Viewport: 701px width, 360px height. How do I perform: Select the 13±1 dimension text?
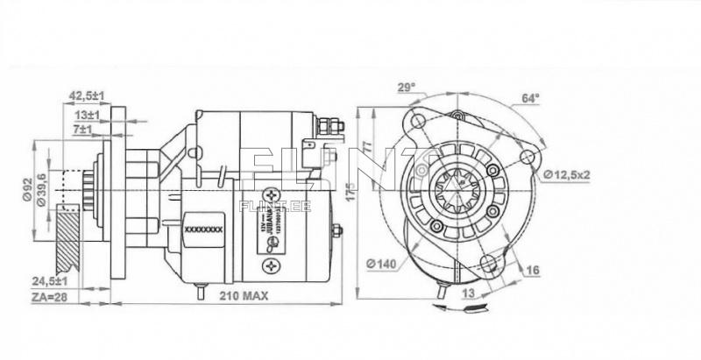(x=88, y=114)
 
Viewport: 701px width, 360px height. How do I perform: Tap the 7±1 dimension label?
(x=83, y=130)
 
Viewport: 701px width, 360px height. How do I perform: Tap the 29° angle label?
(x=406, y=87)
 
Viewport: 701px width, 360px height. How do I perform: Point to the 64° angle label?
(x=531, y=98)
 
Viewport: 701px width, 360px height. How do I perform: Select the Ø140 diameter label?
(x=384, y=262)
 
